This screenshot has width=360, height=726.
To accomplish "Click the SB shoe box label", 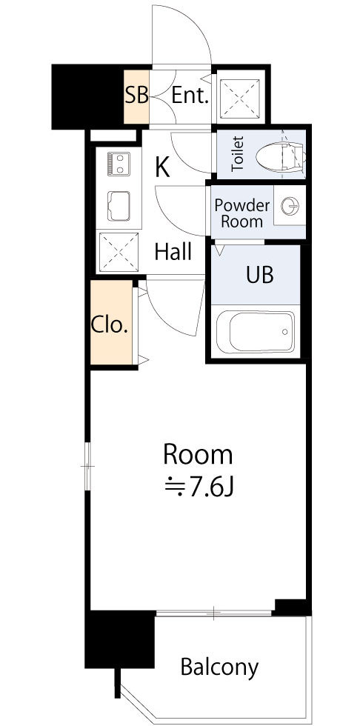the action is tap(136, 96).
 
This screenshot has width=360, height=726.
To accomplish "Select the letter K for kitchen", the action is tap(162, 167).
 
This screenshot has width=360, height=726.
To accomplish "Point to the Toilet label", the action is tap(238, 154).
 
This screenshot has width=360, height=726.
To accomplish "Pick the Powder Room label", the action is tap(242, 213).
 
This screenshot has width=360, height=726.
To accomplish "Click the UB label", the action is tap(259, 274).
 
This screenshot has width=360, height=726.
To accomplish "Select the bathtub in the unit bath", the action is tap(256, 332).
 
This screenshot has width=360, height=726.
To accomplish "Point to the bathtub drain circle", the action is tap(284, 332).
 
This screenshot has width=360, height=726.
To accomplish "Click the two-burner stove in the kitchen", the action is tap(119, 164).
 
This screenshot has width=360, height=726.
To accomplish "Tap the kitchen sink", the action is tap(119, 206).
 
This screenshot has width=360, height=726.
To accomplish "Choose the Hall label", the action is tap(173, 252).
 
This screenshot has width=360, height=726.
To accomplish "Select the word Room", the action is tap(198, 455).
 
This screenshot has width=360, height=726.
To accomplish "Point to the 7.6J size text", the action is tap(199, 487).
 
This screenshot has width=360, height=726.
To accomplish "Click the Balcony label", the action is tap(219, 667).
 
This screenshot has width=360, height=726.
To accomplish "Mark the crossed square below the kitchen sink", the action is tap(119, 251).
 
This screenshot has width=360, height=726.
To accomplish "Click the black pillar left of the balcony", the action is tap(120, 639).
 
